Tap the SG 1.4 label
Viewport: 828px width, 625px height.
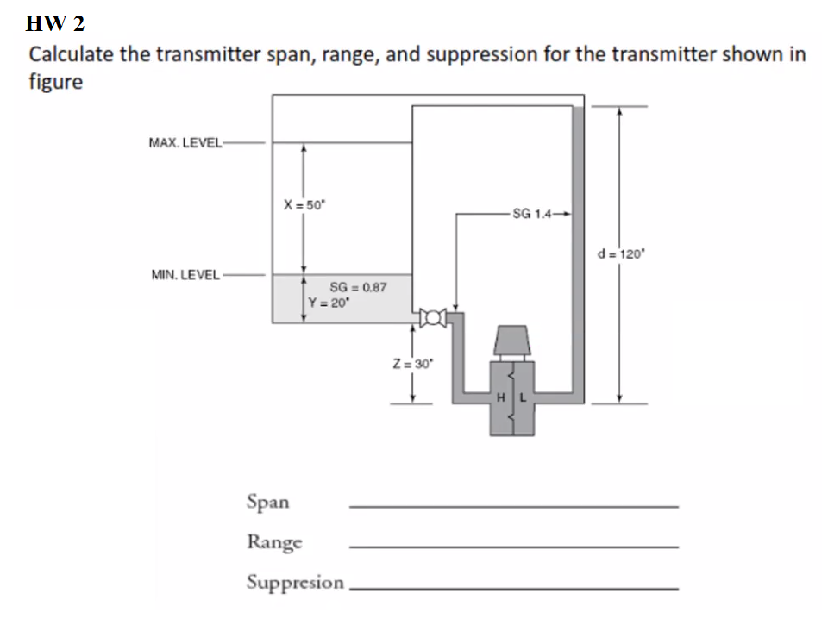point(529,213)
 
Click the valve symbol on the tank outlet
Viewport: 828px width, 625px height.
point(430,319)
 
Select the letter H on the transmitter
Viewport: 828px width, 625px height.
point(500,397)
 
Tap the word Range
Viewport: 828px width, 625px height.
point(274,542)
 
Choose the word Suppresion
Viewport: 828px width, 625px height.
point(295,582)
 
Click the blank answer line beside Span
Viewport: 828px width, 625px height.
point(513,506)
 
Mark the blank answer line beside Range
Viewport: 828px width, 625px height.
point(513,547)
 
